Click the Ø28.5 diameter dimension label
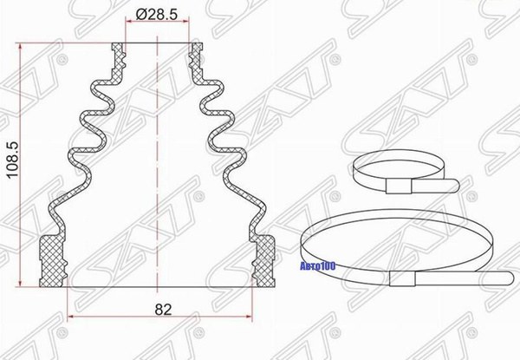157,14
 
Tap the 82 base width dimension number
163,310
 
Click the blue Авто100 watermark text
318,266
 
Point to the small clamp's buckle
399,187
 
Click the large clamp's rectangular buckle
402,278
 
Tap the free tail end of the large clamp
510,278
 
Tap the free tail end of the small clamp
457,185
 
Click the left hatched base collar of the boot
53,261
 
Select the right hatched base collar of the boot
263,261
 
